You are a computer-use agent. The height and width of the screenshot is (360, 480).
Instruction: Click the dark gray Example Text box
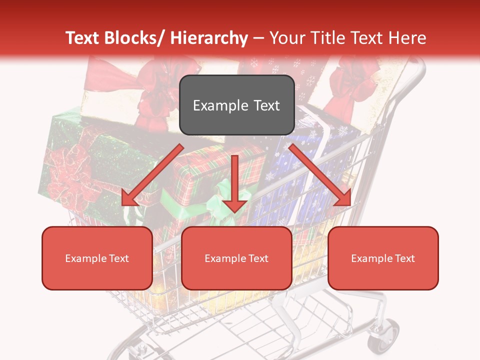(236, 105)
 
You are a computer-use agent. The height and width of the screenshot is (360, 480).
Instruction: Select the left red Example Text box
(97, 258)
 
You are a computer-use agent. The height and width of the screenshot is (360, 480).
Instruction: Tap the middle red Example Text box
(236, 258)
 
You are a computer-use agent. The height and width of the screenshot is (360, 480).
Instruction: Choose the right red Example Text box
(383, 258)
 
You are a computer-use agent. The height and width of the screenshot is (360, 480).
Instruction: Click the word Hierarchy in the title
(209, 38)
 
